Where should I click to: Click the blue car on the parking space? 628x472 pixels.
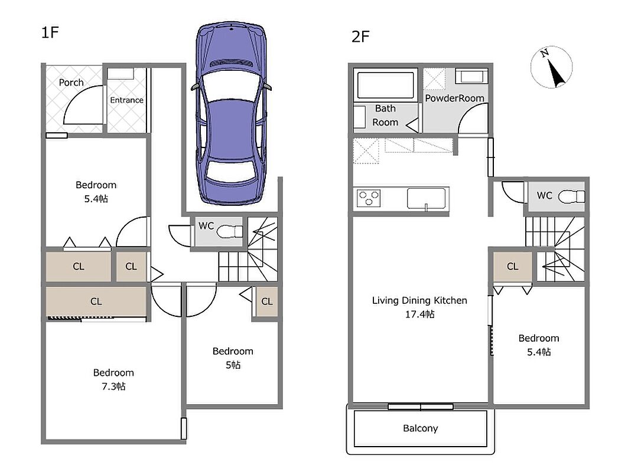(232, 114)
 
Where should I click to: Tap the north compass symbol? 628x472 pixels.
(552, 67)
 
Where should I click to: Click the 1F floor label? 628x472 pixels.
(50, 32)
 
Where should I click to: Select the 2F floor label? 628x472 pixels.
(360, 37)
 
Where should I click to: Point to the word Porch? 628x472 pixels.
(71, 83)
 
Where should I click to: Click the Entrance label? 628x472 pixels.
(126, 100)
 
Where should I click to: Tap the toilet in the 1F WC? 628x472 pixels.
(230, 231)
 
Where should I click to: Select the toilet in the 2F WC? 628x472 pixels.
(571, 196)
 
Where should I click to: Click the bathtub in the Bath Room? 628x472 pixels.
(385, 85)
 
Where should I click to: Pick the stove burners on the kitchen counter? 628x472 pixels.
(369, 198)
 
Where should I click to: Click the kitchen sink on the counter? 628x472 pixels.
(426, 198)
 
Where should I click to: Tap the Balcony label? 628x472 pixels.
(421, 428)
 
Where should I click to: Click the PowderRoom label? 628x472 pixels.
(454, 98)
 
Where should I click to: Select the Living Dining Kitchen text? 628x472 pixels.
(419, 300)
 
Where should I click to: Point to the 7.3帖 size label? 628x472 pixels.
(113, 386)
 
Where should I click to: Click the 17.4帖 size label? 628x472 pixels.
(419, 314)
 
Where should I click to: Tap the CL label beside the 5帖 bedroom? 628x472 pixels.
(267, 301)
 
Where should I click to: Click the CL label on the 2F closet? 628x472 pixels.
(513, 267)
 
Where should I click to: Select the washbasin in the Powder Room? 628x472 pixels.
(472, 76)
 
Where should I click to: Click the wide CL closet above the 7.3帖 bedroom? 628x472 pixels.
(96, 301)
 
